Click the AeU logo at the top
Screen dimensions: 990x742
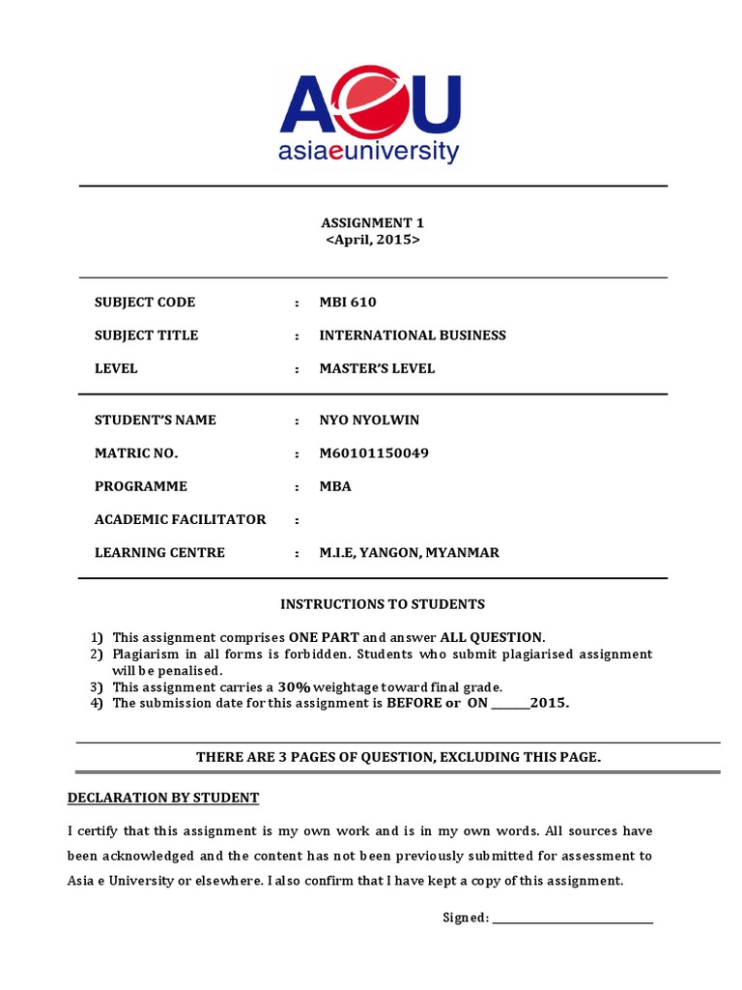tap(370, 115)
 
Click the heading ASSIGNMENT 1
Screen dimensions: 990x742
tap(373, 222)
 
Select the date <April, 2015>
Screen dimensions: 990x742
tap(373, 240)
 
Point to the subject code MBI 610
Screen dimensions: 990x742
tap(348, 303)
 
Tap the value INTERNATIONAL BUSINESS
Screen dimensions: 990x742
tap(413, 335)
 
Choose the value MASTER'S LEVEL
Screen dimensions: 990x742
tap(377, 368)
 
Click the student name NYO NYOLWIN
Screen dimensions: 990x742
tap(370, 421)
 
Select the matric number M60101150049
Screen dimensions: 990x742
tap(374, 453)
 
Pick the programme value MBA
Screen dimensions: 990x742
tap(335, 486)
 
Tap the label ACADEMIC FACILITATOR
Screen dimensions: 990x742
tap(180, 519)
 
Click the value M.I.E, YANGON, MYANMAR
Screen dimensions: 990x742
tap(410, 553)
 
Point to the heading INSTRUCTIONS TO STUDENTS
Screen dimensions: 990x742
tap(383, 604)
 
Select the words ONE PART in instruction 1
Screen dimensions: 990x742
tap(324, 637)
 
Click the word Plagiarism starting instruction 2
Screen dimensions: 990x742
tap(146, 654)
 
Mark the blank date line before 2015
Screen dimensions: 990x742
tap(510, 703)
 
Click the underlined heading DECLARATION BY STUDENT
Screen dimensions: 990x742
tap(162, 798)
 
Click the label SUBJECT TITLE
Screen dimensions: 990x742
tap(146, 335)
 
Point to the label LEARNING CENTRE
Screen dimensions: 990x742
tap(159, 553)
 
